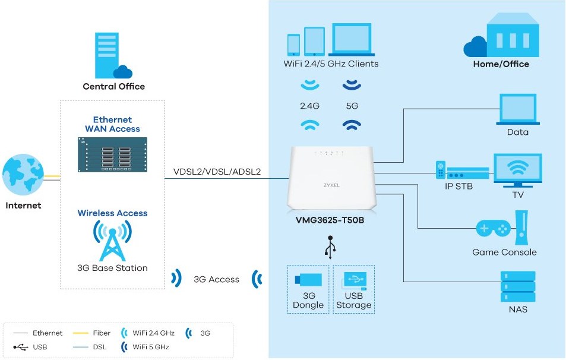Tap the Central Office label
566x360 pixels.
click(113, 86)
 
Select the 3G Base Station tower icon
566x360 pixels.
click(112, 241)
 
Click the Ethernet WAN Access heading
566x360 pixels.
click(112, 124)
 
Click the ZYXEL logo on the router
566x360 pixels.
click(331, 185)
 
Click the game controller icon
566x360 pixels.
click(493, 228)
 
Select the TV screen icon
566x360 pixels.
click(517, 170)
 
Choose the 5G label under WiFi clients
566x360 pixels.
click(352, 106)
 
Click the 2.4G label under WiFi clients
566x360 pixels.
click(309, 106)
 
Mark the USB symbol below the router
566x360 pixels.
click(330, 246)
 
